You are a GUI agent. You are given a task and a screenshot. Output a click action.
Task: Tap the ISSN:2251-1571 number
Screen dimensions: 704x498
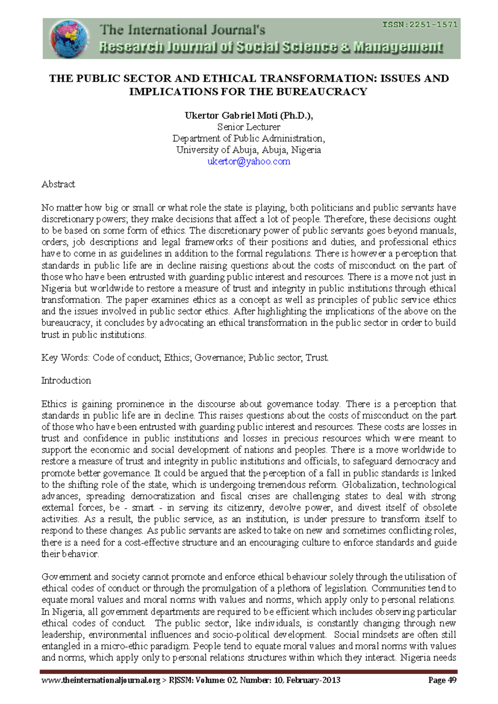420,24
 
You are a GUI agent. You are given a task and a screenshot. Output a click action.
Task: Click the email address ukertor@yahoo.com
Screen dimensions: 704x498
249,161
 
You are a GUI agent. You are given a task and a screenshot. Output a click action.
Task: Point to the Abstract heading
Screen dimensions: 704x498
58,184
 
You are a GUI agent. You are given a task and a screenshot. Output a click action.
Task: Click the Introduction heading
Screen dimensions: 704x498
66,381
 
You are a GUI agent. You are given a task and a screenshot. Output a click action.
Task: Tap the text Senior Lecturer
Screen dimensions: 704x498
249,127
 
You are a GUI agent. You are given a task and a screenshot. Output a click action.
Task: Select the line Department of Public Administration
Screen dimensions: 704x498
249,139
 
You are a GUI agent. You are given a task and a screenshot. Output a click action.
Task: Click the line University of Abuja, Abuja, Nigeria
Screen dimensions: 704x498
249,150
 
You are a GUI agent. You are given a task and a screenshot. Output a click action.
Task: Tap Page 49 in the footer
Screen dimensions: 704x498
442,680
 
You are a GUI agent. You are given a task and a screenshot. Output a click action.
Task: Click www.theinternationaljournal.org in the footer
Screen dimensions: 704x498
100,680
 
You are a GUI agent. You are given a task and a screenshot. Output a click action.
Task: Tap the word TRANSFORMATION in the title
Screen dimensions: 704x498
317,78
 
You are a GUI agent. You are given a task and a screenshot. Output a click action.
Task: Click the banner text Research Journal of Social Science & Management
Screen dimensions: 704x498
271,47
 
